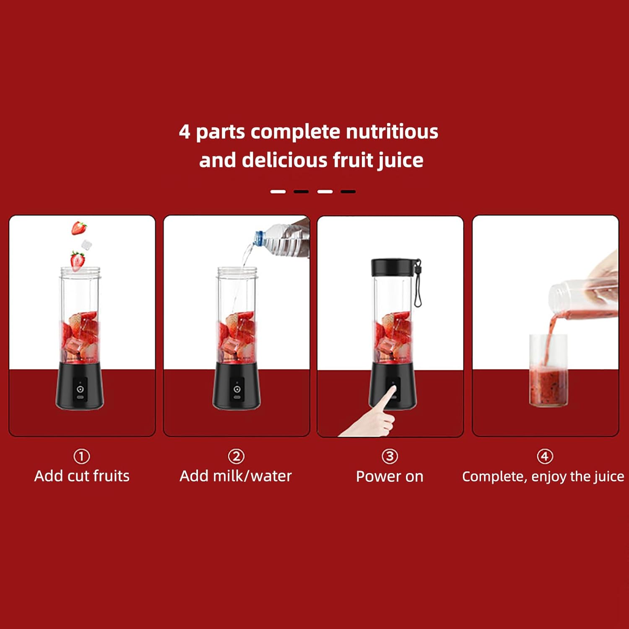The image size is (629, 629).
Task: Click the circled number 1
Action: tap(82, 456)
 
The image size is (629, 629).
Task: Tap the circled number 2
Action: tap(236, 456)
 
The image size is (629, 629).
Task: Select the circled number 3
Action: tap(390, 456)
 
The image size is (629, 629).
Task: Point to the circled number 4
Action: tap(545, 456)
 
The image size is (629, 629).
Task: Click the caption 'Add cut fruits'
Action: tap(82, 476)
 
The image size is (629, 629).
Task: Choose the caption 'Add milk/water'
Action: tap(236, 476)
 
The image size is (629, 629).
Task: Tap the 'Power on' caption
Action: tap(390, 476)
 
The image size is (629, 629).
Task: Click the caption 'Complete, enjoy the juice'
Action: tap(543, 477)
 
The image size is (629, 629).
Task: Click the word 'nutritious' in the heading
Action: tap(392, 132)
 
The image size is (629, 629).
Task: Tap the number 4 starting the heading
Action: tap(185, 132)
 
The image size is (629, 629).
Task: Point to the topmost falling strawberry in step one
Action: tap(79, 228)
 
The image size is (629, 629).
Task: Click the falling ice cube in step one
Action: tap(86, 245)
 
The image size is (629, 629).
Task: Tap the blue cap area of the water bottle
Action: tap(259, 238)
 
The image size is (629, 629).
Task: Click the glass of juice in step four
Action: tap(548, 370)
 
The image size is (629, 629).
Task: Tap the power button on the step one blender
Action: tap(80, 389)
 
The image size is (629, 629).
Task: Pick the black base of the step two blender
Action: tap(237, 386)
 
